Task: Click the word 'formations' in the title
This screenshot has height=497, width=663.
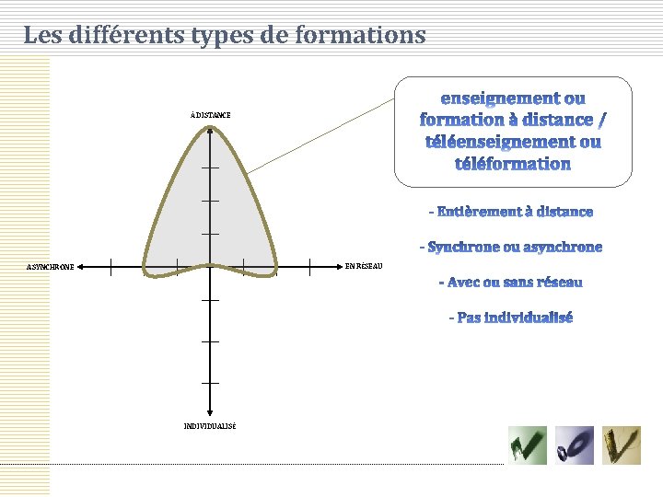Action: (368, 36)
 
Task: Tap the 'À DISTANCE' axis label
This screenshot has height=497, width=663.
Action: (211, 115)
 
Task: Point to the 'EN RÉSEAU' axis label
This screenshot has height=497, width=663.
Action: (363, 266)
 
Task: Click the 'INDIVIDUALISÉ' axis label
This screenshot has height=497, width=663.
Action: (210, 426)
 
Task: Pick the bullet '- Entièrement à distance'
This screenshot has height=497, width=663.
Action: (511, 212)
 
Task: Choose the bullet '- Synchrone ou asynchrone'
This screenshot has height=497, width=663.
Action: (511, 247)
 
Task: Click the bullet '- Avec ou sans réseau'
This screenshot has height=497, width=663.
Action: (511, 282)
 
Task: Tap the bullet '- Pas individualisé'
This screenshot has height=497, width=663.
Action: (511, 318)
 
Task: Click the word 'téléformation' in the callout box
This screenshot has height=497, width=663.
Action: (513, 165)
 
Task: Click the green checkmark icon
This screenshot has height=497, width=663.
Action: (528, 445)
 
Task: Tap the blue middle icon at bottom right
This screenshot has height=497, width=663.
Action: (574, 445)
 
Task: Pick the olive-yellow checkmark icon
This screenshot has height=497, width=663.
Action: (622, 445)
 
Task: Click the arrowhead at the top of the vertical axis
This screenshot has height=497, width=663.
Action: (210, 131)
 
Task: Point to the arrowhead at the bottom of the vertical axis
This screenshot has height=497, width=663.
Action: (210, 412)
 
